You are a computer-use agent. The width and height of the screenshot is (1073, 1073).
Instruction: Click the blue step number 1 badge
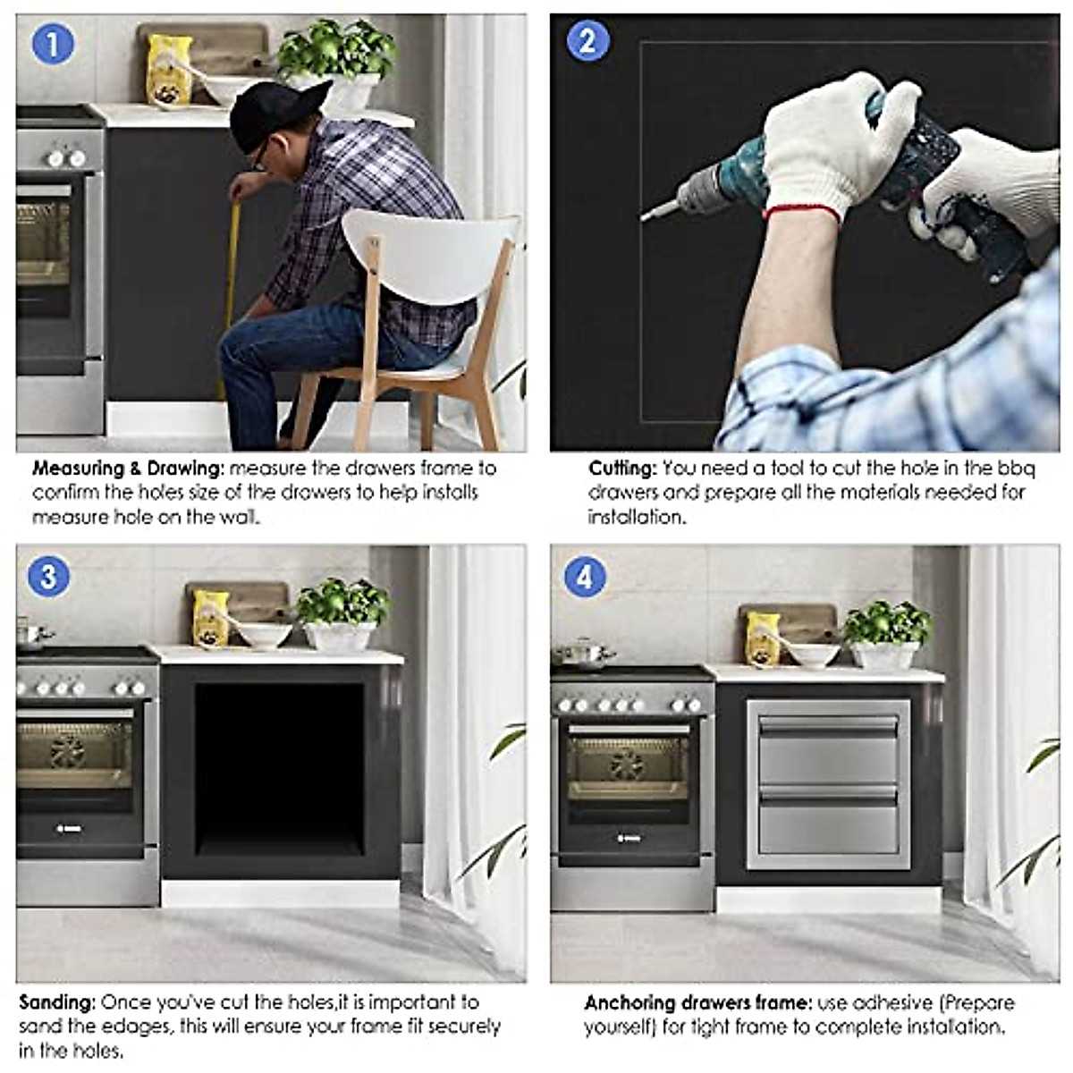pos(52,44)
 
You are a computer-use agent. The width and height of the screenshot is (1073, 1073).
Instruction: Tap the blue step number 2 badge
pos(587,42)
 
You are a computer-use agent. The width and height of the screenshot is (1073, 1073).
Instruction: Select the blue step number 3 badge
pos(48,577)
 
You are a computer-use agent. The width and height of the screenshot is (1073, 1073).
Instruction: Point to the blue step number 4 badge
pos(584,577)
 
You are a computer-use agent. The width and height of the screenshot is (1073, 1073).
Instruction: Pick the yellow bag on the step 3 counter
pos(211,617)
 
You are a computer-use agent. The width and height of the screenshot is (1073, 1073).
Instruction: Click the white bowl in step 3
pos(265,635)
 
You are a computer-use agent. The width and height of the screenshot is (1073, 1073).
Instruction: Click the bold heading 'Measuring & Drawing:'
pos(129,468)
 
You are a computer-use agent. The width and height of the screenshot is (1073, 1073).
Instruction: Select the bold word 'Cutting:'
pos(622,468)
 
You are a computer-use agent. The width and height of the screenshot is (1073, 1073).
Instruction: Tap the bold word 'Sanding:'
pos(57,1002)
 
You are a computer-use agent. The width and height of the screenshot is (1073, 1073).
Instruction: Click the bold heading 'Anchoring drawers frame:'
pos(697,1002)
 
